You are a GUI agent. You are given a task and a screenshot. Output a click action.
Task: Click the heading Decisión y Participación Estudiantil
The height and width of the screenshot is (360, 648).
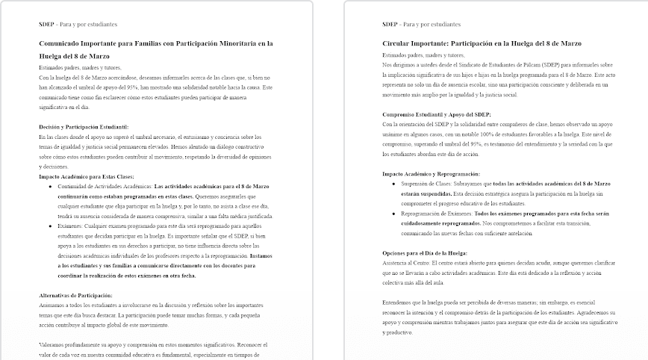tap(84, 126)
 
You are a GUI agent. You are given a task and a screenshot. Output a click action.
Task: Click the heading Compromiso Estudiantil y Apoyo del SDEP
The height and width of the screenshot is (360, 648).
tap(437, 114)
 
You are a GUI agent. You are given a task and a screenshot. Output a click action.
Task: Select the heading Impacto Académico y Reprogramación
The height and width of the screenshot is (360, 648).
tap(430, 173)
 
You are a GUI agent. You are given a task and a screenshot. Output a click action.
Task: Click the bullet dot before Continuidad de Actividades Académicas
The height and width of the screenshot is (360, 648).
tap(50, 185)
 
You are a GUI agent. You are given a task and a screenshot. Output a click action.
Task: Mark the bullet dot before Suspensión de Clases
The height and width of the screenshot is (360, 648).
tap(393, 182)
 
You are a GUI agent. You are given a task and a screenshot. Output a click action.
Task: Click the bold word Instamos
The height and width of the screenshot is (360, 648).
tap(261, 255)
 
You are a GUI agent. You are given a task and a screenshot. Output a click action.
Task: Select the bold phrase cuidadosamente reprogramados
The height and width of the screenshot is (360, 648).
tap(434, 223)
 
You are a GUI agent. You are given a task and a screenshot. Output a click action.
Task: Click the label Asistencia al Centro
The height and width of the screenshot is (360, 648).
tap(408, 263)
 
